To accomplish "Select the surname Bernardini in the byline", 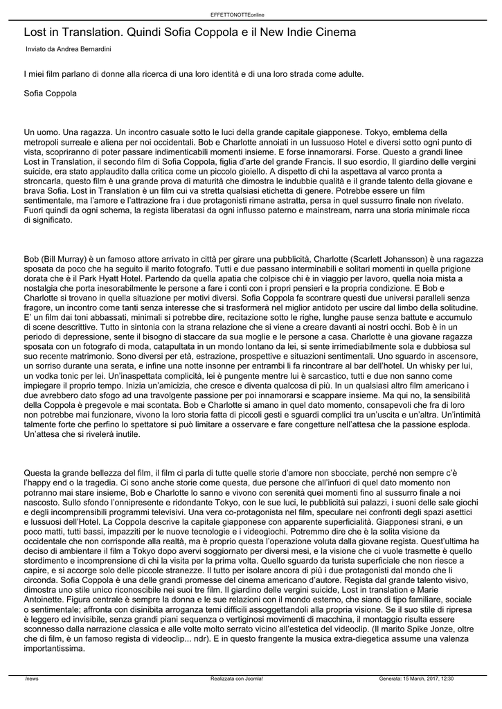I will [x=93, y=50].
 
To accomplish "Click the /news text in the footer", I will [x=32, y=679].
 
